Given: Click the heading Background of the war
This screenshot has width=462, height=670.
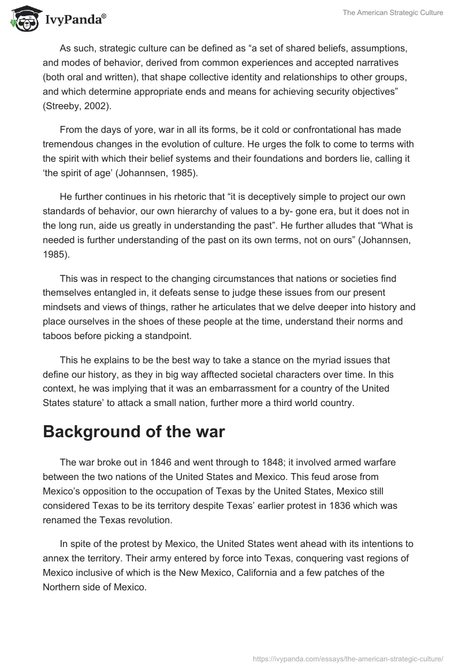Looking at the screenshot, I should coord(133,431).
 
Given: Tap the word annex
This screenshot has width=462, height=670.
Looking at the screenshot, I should coord(55,559).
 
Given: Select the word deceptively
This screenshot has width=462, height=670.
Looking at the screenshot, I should coord(266,190).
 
